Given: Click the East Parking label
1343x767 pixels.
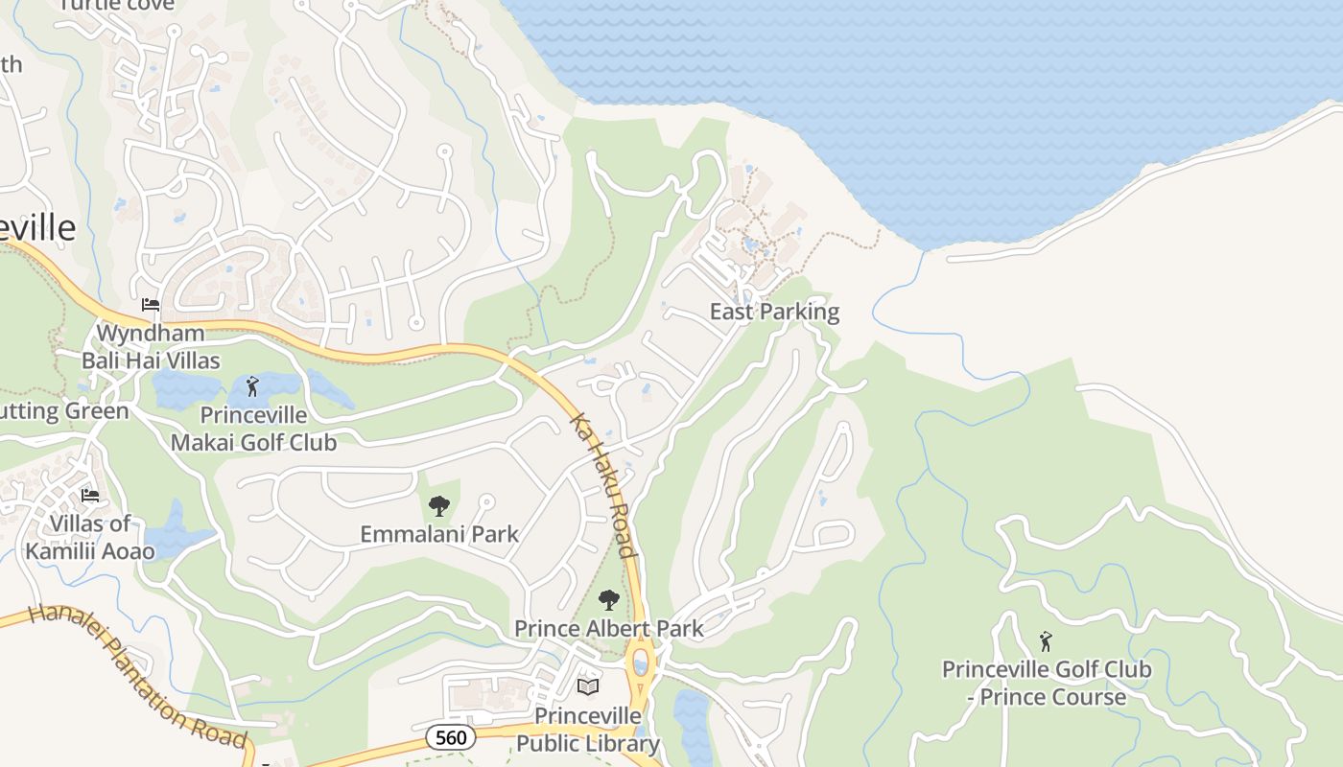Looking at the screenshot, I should (x=774, y=312).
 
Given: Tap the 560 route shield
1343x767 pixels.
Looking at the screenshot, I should (x=451, y=737).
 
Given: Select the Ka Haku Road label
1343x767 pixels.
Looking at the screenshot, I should (x=603, y=485).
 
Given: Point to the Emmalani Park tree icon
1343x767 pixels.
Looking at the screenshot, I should (x=439, y=505).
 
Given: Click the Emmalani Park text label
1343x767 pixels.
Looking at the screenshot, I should (x=439, y=534).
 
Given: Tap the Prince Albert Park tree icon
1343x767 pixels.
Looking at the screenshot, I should (x=608, y=600).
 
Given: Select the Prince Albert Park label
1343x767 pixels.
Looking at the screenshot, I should (x=608, y=629).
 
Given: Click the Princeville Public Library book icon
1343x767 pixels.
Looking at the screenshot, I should (x=588, y=686).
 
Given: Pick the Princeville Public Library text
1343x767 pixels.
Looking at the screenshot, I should (x=588, y=730).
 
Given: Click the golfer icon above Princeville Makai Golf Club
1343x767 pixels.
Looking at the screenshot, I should (x=252, y=386).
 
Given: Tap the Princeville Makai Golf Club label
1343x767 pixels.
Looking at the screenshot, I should (x=253, y=429).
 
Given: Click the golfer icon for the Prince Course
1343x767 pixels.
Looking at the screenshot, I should (x=1046, y=640).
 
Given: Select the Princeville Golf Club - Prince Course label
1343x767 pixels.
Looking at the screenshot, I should (x=1046, y=683).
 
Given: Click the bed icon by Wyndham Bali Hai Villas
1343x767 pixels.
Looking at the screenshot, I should (x=151, y=305).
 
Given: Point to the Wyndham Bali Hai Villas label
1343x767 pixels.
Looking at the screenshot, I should (x=151, y=347).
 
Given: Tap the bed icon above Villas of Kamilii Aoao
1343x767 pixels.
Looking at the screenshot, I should (x=90, y=496).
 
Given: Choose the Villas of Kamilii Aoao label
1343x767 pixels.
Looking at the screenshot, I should (x=90, y=537).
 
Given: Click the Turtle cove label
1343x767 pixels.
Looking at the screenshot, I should (x=117, y=5).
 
